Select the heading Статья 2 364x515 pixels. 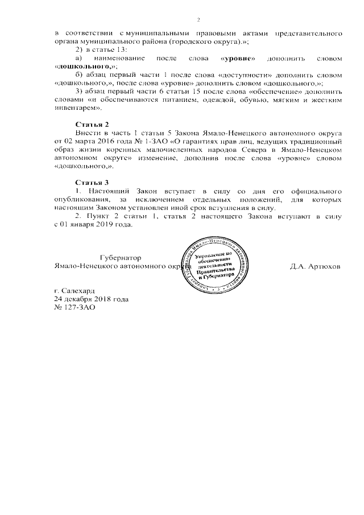[92, 124]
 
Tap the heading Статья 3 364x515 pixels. [92, 182]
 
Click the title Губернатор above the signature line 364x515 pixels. [121, 257]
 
